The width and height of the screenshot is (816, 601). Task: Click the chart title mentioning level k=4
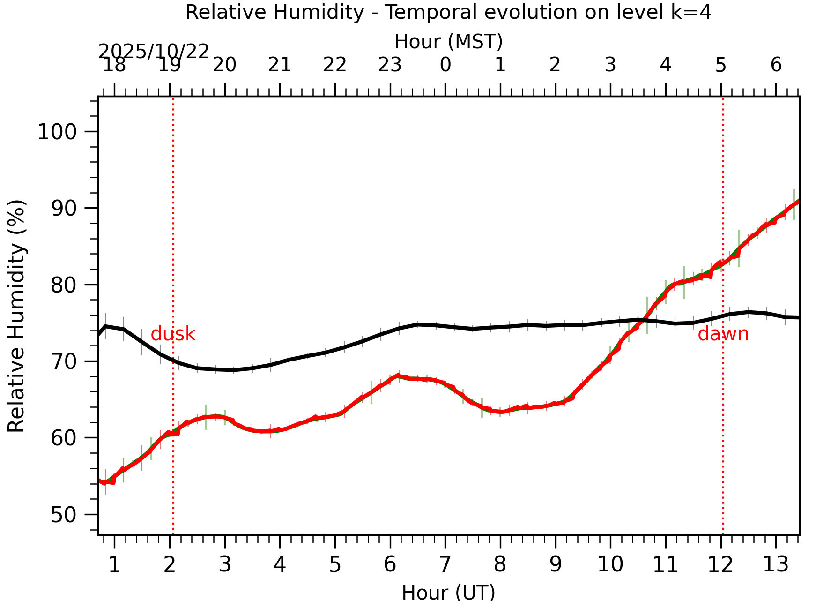tap(448, 12)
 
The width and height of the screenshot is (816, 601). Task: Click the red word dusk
tap(173, 334)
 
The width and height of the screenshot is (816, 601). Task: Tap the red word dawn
tap(723, 334)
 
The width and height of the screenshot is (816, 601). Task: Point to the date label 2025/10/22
tap(153, 51)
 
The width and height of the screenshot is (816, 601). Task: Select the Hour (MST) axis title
tap(448, 42)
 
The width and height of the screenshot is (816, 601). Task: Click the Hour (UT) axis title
tap(448, 592)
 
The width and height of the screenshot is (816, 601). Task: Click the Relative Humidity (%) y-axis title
tap(16, 316)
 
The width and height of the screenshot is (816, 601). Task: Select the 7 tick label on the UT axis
tap(445, 564)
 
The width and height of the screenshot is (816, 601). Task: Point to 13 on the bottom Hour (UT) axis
tap(776, 564)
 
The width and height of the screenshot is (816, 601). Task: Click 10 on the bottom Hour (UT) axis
tap(610, 564)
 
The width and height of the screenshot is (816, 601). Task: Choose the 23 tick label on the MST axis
tap(390, 65)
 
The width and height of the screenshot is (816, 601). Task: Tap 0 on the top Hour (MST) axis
tap(445, 65)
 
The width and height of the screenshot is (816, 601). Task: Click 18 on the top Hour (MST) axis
tap(114, 65)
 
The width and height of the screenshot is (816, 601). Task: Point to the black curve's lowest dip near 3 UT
tap(233, 370)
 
